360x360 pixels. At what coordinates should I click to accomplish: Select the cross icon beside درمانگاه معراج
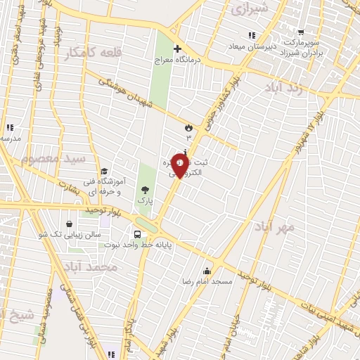click(x=176, y=49)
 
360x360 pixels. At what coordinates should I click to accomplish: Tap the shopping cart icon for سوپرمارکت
click(x=301, y=32)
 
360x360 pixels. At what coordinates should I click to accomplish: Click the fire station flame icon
click(x=188, y=127)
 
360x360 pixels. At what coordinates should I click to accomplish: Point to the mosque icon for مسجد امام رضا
click(x=207, y=271)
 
